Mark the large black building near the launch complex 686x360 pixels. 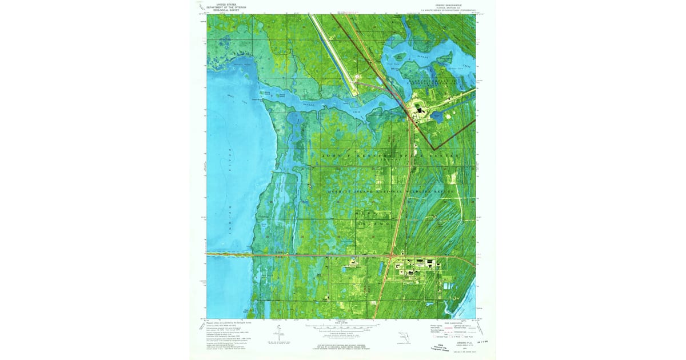[x=420, y=111]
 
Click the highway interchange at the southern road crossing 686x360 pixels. [x=392, y=255]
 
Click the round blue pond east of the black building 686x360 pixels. [x=438, y=117]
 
